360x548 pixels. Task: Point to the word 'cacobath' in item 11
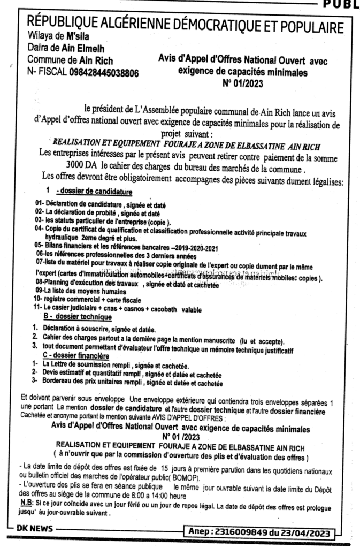[164, 310]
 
